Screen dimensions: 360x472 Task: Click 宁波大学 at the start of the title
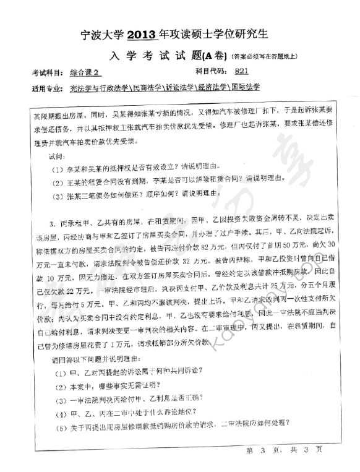coord(105,33)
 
